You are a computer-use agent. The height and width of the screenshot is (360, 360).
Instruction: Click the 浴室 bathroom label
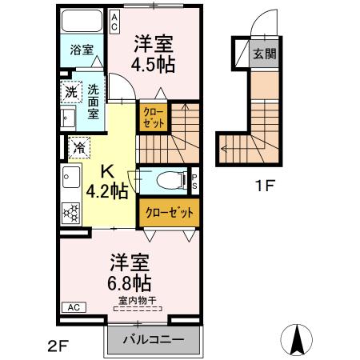tap(80, 50)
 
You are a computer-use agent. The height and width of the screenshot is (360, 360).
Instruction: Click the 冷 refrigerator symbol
tap(79, 147)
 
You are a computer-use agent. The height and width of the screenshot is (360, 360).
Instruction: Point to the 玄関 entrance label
tap(264, 54)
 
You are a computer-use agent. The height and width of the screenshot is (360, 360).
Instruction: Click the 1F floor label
tap(265, 188)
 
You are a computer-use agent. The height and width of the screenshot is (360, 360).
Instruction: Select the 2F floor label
tap(57, 346)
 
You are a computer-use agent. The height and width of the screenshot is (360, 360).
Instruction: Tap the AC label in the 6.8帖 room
tap(72, 307)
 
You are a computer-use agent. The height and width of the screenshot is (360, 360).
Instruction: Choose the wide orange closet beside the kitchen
tap(169, 213)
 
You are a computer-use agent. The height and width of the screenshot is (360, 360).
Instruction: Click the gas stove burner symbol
tap(71, 214)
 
